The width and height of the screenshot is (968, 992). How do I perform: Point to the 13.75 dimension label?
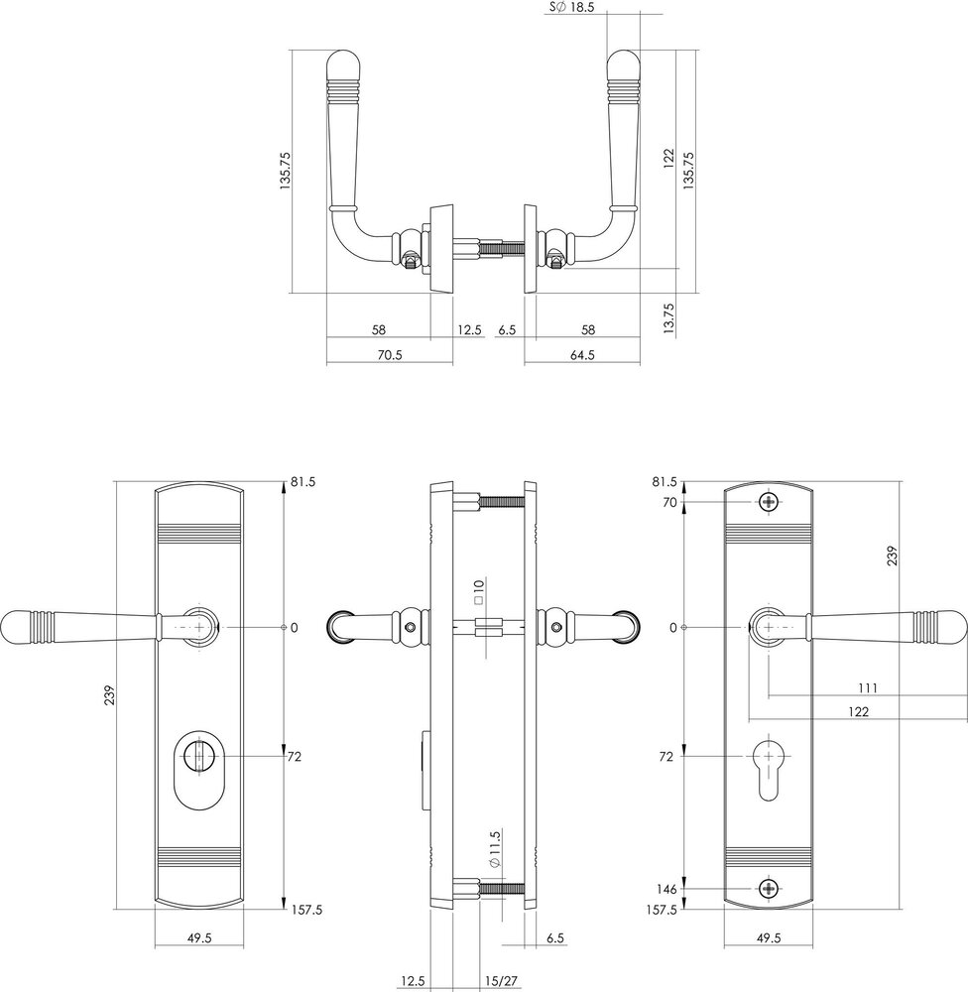coord(668,318)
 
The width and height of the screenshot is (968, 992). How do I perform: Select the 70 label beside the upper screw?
coord(669,503)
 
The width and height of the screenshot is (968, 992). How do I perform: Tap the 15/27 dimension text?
coord(502,981)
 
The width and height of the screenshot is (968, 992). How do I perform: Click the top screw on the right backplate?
coord(770,502)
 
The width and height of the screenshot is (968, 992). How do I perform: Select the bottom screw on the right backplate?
coord(770,889)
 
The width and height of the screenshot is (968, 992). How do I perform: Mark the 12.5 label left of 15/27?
coord(414,981)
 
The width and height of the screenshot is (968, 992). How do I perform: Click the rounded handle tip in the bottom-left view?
coord(14,627)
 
